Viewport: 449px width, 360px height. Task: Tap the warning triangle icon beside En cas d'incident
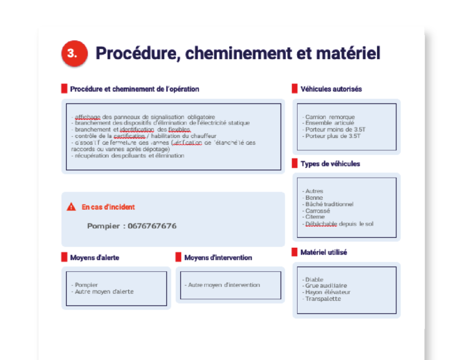tap(71, 207)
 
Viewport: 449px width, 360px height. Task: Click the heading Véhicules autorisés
tap(331, 89)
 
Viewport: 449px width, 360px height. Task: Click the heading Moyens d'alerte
tap(95, 258)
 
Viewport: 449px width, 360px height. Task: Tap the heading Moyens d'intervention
tap(218, 258)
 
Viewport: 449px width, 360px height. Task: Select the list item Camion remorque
tap(330, 117)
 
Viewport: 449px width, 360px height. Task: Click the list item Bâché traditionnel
tap(329, 204)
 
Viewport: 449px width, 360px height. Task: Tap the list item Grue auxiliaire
tap(326, 286)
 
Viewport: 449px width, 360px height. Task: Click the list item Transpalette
tap(323, 299)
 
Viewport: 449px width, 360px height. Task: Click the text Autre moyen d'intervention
tap(223, 285)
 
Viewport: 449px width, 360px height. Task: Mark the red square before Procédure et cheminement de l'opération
tap(64, 89)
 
